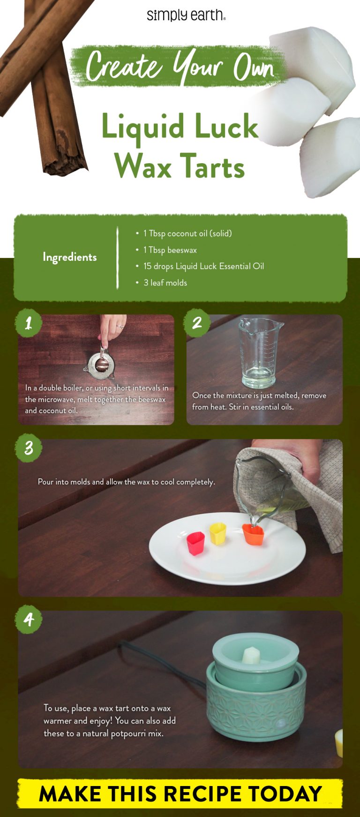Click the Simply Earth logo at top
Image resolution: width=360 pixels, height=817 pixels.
pos(186,15)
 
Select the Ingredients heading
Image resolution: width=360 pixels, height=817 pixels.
pos(70,257)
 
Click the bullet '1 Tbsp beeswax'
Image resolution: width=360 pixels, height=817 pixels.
pos(170,250)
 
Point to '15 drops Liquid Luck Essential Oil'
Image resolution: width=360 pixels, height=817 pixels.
pos(203,266)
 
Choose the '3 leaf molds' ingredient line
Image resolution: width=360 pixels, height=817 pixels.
pos(165,283)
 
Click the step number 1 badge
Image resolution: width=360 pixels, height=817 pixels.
pos(29,323)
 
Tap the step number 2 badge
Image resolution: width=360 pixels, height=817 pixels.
pos(197,323)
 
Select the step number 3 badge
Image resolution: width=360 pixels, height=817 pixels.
pos(29,448)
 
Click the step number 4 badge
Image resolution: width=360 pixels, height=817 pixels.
pos(29,620)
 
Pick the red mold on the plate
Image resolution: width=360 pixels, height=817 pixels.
pos(195,543)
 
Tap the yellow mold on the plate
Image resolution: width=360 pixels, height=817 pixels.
pos(218,534)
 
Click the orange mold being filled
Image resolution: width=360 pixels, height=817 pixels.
pos(253,535)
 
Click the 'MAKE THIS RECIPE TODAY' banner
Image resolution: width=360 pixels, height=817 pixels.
pos(180,794)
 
